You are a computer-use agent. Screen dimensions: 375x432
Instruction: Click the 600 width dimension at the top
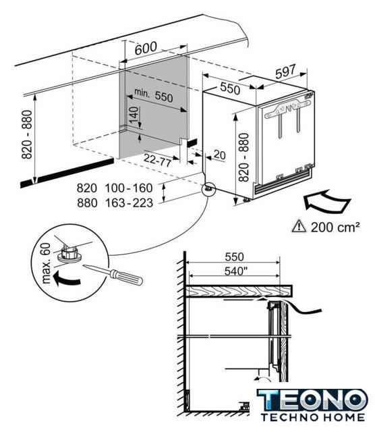click(146, 48)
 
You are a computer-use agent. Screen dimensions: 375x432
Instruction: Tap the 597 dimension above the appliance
click(285, 71)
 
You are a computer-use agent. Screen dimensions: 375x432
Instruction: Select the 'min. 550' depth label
click(154, 95)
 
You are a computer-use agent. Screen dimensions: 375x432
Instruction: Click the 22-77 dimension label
click(158, 160)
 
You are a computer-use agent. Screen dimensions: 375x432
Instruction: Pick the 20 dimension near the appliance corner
click(220, 155)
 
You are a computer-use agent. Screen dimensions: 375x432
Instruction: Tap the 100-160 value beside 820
click(129, 188)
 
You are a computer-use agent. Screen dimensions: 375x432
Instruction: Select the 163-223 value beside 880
click(129, 203)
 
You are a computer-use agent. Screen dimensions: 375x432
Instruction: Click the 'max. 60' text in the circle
click(47, 263)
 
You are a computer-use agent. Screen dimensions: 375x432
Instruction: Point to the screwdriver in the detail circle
click(113, 274)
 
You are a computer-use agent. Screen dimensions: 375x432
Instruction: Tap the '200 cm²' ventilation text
click(335, 227)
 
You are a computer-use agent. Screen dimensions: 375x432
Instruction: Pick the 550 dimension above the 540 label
click(234, 256)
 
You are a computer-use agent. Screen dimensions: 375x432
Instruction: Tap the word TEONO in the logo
click(312, 400)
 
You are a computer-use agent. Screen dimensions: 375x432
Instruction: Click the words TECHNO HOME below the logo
click(313, 417)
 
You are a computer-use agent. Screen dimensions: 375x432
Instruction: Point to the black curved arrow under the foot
click(67, 278)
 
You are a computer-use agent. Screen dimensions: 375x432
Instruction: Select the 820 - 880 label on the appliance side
click(243, 157)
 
